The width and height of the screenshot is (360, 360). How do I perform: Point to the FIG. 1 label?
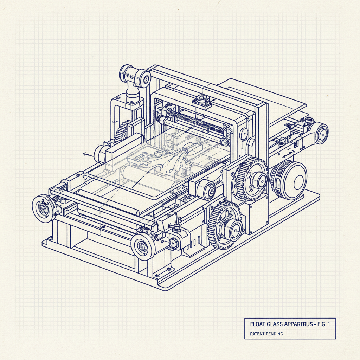point(324,324)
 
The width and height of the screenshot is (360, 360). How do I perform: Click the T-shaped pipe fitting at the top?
point(134,83)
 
